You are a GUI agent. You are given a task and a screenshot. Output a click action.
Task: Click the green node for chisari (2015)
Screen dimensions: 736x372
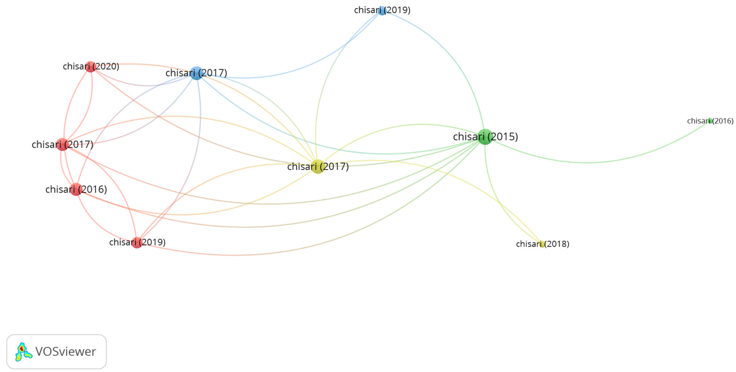pos(485,137)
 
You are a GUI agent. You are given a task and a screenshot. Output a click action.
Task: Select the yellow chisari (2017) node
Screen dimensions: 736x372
pos(318,166)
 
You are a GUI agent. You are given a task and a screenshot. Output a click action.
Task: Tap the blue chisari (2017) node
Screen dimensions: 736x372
pos(197,73)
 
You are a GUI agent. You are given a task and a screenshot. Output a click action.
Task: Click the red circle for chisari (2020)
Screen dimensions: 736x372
pos(90,67)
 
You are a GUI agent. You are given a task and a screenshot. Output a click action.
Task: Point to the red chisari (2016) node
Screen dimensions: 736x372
pos(76,189)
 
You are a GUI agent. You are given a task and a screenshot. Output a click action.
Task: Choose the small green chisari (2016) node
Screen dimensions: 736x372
pos(710,121)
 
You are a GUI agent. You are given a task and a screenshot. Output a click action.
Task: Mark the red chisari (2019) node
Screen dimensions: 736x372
pos(137,242)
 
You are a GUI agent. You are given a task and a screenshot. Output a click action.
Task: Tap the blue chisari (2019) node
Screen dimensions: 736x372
pos(382,11)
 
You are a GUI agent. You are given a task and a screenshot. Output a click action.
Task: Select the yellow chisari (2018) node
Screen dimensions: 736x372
pos(542,244)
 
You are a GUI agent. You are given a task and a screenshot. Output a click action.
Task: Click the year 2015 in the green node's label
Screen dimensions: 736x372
pos(503,137)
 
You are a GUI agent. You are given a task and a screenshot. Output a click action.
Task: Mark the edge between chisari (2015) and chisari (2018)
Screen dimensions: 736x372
pos(497,200)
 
